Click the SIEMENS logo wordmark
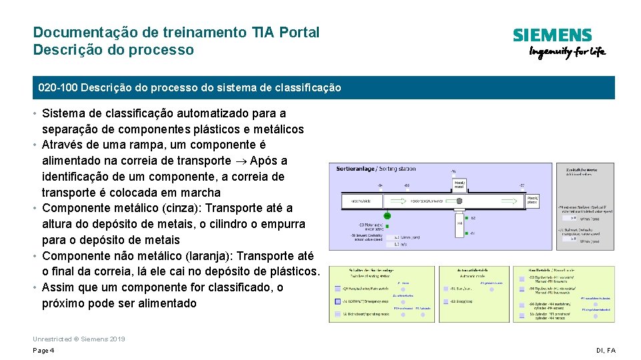[552, 35]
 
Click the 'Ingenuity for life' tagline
[567, 53]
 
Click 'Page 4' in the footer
[43, 351]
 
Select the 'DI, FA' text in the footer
[606, 351]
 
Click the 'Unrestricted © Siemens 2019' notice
[79, 339]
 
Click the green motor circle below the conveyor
[386, 215]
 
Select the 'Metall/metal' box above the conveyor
[460, 185]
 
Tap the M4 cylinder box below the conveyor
[460, 223]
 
